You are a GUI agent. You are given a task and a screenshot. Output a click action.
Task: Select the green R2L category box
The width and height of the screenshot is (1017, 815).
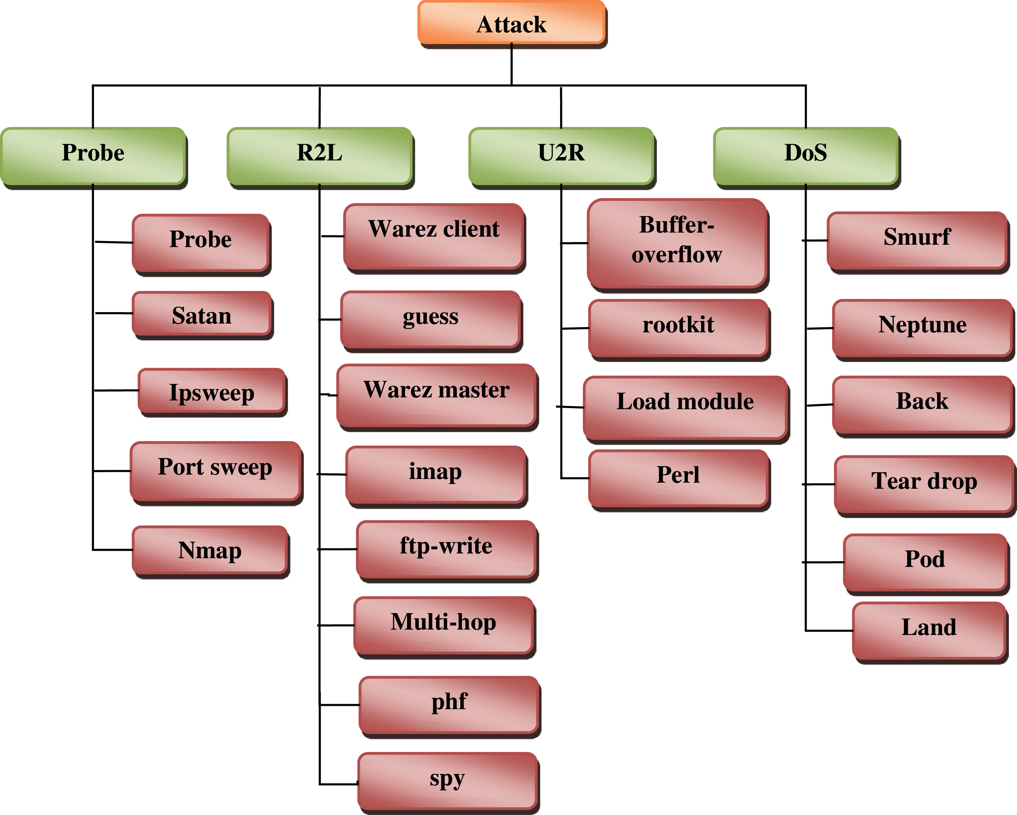point(320,156)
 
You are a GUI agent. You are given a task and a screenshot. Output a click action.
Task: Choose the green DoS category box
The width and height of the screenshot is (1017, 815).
point(806,156)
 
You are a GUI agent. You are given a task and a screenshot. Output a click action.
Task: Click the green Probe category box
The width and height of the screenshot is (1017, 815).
point(93,156)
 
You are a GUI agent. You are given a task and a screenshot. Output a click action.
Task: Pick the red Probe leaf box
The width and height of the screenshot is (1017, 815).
point(201,242)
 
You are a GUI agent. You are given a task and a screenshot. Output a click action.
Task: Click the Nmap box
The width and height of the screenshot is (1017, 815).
point(210,550)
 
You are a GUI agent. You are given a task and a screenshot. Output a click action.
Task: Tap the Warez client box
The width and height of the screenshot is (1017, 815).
point(434,236)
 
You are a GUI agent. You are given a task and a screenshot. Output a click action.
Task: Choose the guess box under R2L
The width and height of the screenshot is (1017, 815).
point(430,320)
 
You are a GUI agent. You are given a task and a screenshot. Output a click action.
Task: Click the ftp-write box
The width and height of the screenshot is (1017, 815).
point(446,549)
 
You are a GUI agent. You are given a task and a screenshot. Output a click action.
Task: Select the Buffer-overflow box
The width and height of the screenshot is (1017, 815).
point(677,243)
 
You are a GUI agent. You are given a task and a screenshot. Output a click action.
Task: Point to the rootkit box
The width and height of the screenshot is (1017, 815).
point(678,328)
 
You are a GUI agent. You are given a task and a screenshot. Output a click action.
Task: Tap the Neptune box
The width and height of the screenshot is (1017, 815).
point(922,328)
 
